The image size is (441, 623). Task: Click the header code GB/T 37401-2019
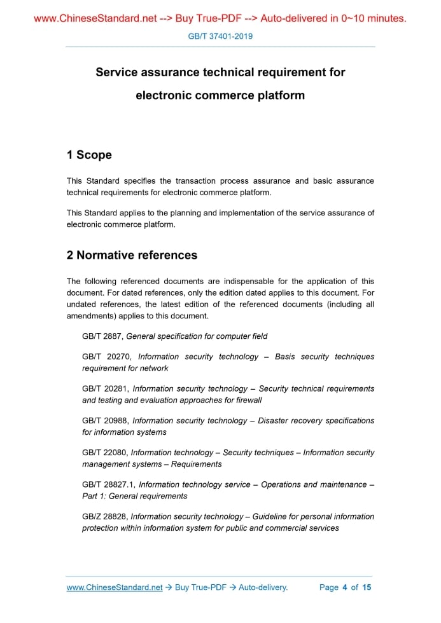click(x=220, y=36)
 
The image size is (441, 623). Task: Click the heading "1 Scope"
click(x=89, y=155)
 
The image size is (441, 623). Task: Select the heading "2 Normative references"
click(x=132, y=256)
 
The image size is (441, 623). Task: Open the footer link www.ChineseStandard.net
click(x=115, y=587)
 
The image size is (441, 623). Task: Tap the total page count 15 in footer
click(x=367, y=587)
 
